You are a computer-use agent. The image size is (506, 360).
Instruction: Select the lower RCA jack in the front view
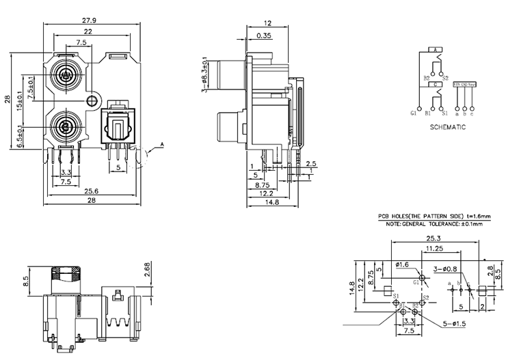(66, 126)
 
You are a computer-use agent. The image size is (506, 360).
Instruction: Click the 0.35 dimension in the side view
(263, 36)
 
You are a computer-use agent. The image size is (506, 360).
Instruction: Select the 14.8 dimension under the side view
(272, 202)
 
